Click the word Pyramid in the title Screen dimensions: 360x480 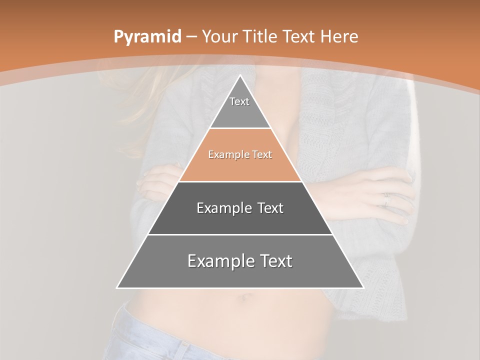(147, 37)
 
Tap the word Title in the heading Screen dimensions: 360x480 (263, 36)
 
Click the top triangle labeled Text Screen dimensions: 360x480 (239, 107)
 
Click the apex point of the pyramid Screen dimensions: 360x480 (240, 75)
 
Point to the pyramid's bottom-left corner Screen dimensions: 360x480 (117, 287)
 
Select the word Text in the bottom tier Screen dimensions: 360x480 (273, 261)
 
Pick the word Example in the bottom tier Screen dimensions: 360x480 (218, 261)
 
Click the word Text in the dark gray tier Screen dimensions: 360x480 (269, 208)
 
